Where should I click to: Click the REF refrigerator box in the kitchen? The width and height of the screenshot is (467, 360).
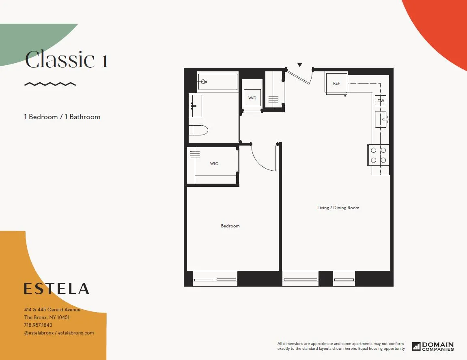336,84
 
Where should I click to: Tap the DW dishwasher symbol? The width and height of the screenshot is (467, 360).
381,101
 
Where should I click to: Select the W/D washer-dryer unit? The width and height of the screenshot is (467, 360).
252,98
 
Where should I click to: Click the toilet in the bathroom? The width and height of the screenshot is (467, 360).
198,130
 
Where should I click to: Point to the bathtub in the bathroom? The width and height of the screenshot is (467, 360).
217,82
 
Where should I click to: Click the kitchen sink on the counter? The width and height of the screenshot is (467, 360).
381,119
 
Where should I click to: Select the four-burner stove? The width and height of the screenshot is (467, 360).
378,155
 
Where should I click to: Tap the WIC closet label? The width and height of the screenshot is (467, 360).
214,164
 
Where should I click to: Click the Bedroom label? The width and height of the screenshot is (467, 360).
230,226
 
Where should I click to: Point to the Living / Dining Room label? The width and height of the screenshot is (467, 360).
338,208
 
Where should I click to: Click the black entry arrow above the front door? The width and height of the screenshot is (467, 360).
300,65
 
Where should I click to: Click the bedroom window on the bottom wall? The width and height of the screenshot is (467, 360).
215,279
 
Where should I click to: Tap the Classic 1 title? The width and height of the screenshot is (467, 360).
67,60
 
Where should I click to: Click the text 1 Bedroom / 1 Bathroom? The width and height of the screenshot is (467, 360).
62,117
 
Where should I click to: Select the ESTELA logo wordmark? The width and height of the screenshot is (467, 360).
56,289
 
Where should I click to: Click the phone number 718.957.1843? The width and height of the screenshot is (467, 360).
38,325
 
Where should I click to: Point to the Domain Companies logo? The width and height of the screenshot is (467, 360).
433,346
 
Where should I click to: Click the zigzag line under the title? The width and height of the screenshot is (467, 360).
50,84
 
